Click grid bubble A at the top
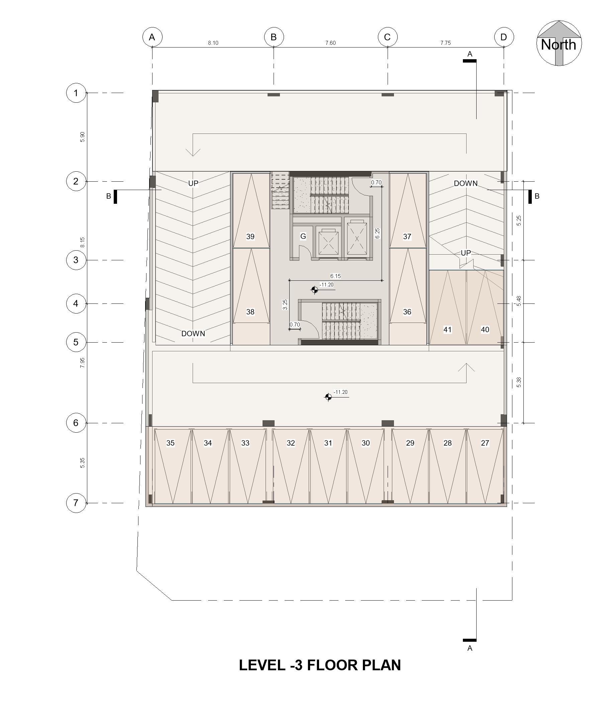[x=152, y=37]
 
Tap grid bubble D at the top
[x=504, y=37]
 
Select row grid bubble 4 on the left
[x=76, y=303]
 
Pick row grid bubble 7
[x=76, y=503]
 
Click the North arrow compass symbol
[x=559, y=43]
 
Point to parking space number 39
[x=250, y=237]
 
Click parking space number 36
[x=407, y=311]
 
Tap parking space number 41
[x=447, y=329]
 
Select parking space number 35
[x=170, y=443]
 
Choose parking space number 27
[x=485, y=443]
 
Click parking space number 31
[x=328, y=443]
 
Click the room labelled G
[x=303, y=236]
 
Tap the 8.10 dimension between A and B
[x=213, y=43]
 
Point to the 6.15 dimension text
[x=335, y=276]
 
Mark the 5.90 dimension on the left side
[x=82, y=137]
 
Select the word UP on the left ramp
[x=193, y=183]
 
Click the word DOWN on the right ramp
[x=466, y=183]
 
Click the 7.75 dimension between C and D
[x=445, y=43]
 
